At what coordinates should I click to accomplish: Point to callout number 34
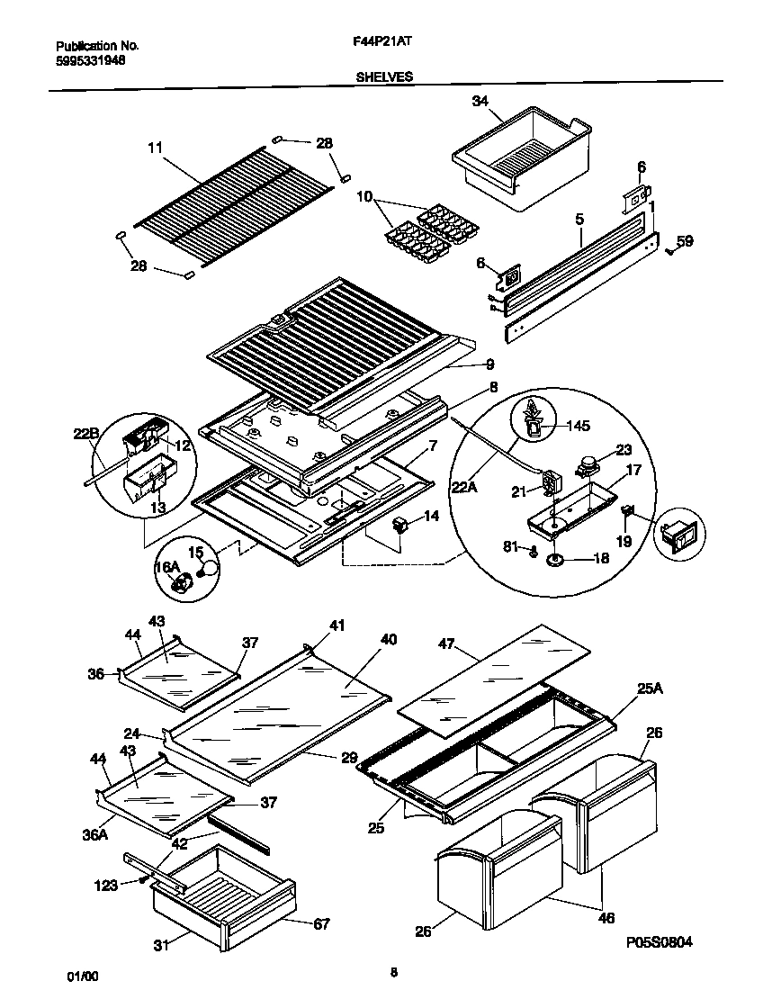(x=480, y=103)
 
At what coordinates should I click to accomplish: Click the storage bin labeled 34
(x=522, y=153)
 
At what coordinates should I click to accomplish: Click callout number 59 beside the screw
(x=685, y=240)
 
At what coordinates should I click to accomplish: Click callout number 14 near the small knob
(x=432, y=517)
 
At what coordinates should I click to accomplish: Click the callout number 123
(x=105, y=886)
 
